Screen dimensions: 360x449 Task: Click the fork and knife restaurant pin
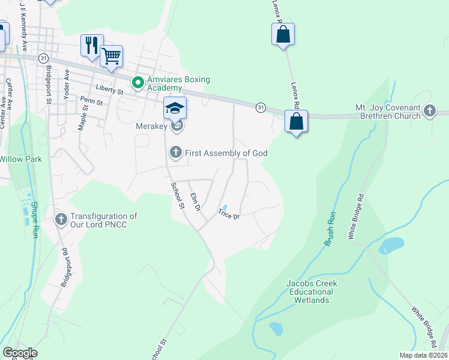[x=92, y=45]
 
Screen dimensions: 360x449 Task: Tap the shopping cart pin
[x=111, y=56]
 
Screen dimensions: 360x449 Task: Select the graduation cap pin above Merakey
[x=175, y=108]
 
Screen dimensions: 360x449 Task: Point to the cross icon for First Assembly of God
[x=175, y=153]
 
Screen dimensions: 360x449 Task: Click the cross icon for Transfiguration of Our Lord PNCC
[x=61, y=220]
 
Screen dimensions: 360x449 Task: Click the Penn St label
[x=91, y=103]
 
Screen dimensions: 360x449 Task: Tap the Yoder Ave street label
[x=67, y=83]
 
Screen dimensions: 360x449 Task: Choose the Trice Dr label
[x=229, y=214]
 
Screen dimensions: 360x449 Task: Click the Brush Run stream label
[x=330, y=229]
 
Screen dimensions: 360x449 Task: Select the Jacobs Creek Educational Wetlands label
[x=312, y=292]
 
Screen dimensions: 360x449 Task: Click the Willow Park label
[x=19, y=159]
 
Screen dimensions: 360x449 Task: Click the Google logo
[x=20, y=353]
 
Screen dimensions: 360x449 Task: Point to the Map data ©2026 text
[x=423, y=355]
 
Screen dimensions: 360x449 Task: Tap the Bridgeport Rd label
[x=68, y=271]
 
